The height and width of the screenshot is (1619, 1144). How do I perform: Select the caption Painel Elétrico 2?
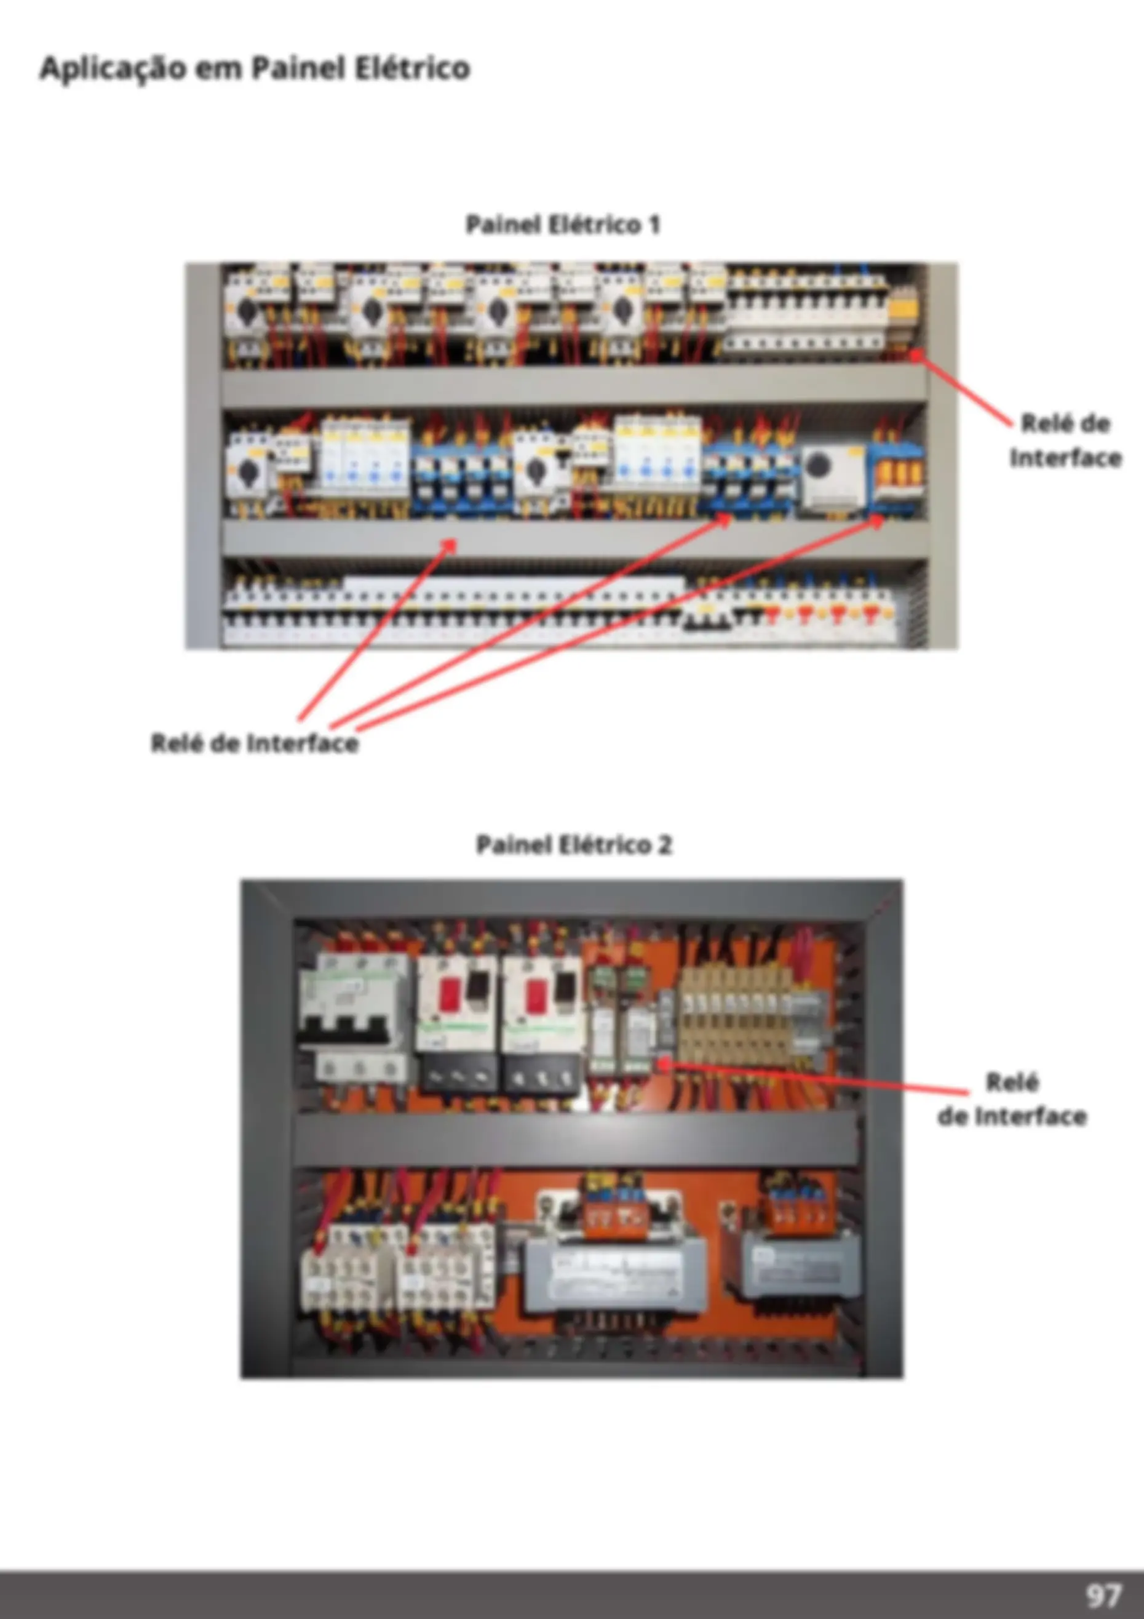point(574,844)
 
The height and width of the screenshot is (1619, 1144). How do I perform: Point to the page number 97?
point(1103,1594)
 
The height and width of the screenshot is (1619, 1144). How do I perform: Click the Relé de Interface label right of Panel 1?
point(1065,441)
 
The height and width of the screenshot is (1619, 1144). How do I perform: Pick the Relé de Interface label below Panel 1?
point(255,743)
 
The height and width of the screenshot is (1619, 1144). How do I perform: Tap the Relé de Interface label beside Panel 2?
point(1012,1098)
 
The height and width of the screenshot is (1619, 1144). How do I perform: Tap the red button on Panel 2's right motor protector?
point(535,996)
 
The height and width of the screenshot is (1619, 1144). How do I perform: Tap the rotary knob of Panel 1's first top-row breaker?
point(247,310)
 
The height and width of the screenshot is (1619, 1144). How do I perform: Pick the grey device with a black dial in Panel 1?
point(835,476)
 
